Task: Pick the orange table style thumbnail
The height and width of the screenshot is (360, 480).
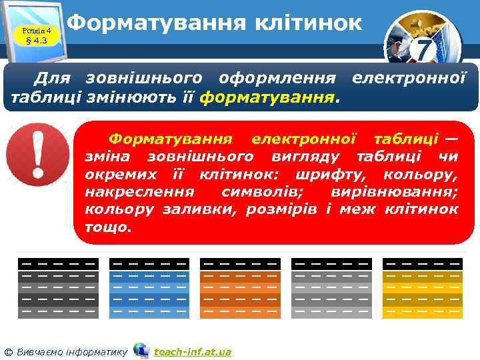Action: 240,287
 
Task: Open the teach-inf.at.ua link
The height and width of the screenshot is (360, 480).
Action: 193,351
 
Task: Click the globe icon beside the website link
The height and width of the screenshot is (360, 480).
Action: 141,350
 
